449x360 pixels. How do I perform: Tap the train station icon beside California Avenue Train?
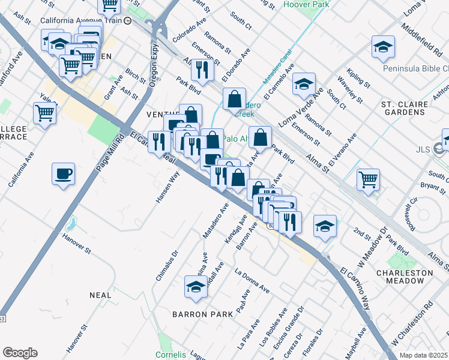click(127, 20)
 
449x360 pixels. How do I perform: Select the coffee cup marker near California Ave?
click(63, 175)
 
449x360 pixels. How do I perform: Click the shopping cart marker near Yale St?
click(44, 112)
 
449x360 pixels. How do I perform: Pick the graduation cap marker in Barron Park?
click(196, 287)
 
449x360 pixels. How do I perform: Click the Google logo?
click(20, 353)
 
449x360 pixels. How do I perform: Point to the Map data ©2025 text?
click(423, 355)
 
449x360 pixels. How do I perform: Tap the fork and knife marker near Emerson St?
click(202, 70)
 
